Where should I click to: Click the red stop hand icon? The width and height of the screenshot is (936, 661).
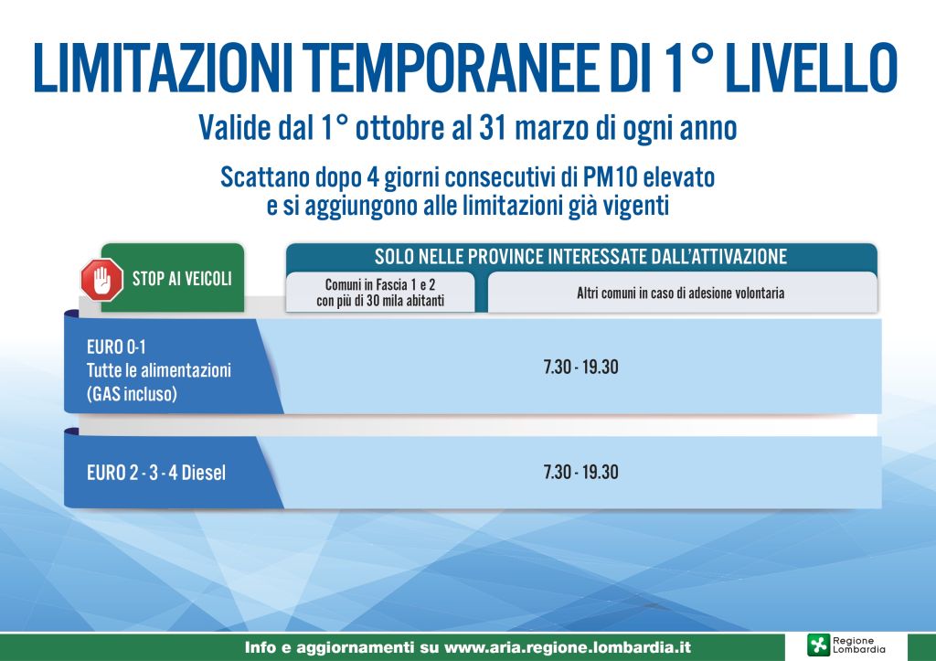click(x=101, y=279)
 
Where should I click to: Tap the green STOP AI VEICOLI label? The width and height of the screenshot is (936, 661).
click(x=182, y=279)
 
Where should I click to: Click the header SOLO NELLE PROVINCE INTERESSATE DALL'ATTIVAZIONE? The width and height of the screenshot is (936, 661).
click(x=580, y=256)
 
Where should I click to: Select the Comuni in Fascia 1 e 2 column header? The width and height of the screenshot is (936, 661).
click(x=380, y=292)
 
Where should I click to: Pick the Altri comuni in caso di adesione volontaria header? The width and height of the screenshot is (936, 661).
click(x=680, y=293)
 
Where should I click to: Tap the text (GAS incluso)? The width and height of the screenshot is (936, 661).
click(x=132, y=395)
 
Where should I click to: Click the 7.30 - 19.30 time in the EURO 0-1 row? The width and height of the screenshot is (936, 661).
click(x=580, y=368)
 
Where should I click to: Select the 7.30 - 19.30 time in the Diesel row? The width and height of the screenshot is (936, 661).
click(x=580, y=473)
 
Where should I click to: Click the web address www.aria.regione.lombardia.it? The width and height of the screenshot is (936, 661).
click(x=567, y=647)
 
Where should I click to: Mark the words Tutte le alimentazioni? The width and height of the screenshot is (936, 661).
click(x=158, y=371)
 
